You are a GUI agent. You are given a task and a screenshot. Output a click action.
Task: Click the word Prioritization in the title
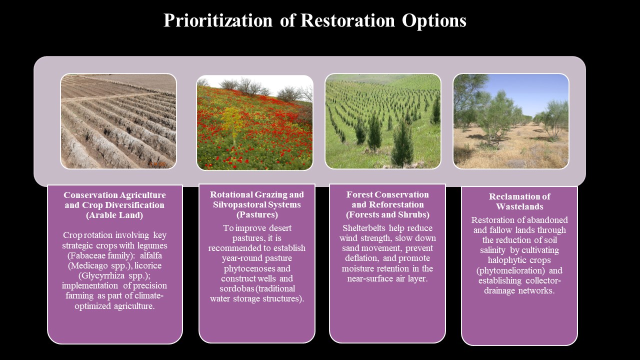pos(217,21)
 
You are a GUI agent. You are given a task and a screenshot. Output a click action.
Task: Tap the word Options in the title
pos(434,21)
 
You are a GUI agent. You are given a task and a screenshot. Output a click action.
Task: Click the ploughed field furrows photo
pos(118,121)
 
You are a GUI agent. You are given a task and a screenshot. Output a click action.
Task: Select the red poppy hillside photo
pos(254,122)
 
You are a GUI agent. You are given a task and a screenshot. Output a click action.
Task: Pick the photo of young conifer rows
pos(383,121)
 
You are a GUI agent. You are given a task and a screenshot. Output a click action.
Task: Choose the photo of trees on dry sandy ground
pos(511,121)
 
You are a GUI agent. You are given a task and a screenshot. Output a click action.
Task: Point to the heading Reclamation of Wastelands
pos(519,201)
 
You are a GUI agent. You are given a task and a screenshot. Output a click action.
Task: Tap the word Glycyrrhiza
pos(101,275)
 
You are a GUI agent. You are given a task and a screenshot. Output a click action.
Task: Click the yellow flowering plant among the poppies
pos(232,121)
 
